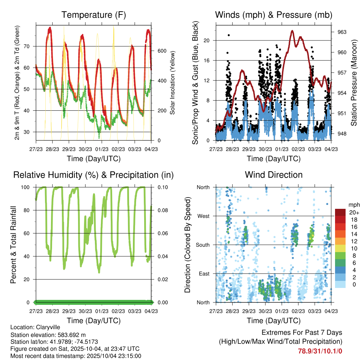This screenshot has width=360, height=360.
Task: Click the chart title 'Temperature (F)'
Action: [94, 15]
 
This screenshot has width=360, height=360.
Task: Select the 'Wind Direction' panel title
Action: [274, 175]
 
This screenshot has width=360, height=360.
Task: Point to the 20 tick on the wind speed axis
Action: [207, 40]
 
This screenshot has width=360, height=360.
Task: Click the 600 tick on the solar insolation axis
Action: [161, 51]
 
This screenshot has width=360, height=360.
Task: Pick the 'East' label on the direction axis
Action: [204, 274]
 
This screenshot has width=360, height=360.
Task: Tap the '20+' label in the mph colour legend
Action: [353, 213]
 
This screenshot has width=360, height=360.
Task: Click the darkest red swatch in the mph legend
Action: [340, 212]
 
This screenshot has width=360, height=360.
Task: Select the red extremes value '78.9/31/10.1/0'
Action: [320, 351]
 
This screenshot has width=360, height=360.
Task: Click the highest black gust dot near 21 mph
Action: [229, 35]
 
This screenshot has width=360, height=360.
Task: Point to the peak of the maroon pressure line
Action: [292, 31]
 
